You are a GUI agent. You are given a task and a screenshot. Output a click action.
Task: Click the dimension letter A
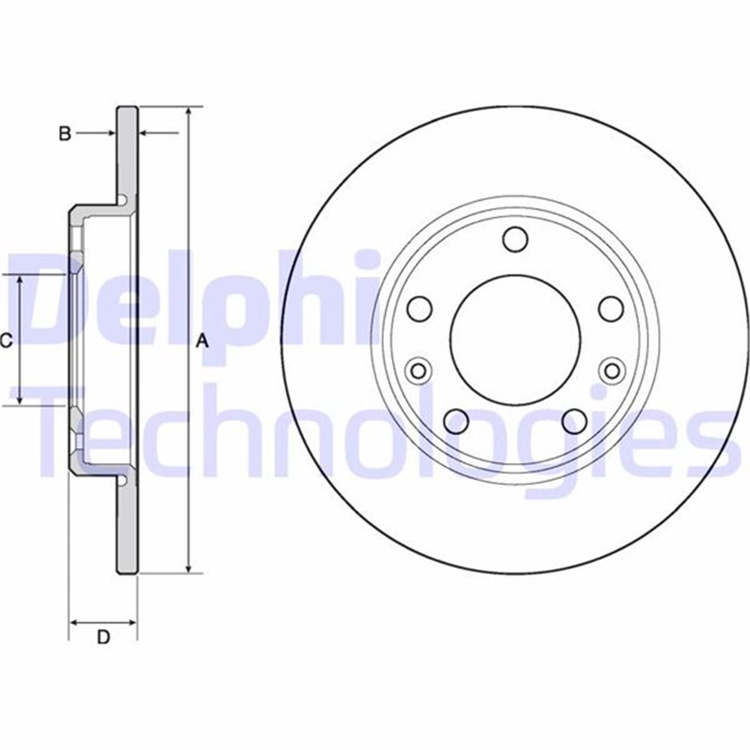[201, 341]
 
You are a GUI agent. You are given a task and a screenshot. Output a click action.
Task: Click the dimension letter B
[65, 133]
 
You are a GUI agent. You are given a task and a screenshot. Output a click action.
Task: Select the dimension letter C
[6, 341]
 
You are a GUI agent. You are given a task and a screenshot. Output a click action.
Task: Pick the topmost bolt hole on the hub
[516, 239]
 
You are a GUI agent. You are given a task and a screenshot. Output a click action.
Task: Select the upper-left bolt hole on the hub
[420, 308]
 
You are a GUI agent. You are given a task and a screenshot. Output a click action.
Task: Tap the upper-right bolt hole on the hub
[611, 308]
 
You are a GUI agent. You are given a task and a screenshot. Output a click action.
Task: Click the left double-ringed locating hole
[418, 371]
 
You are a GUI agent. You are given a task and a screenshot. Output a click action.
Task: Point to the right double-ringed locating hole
[612, 371]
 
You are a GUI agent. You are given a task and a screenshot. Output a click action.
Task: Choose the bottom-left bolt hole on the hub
[457, 421]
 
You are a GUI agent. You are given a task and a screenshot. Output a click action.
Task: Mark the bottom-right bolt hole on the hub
[574, 421]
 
